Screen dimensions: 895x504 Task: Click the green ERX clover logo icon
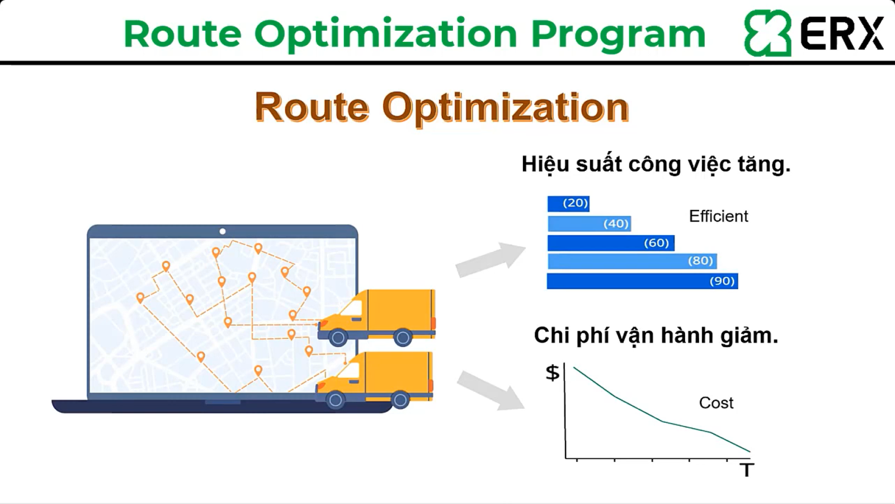(x=767, y=33)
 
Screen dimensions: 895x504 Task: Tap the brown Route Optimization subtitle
(x=442, y=107)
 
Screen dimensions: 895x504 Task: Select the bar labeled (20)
(x=568, y=204)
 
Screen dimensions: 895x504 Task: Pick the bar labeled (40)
(x=589, y=223)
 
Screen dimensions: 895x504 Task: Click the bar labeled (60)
(x=611, y=243)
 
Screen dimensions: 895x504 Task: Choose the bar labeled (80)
(x=632, y=261)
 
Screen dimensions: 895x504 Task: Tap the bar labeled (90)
(x=643, y=281)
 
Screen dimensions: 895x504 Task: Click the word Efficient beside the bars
(x=718, y=216)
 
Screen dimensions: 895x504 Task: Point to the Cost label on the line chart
(x=716, y=403)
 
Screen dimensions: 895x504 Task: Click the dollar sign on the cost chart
(x=553, y=373)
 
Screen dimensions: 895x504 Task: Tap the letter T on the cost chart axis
(x=746, y=470)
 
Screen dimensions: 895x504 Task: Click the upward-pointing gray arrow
(x=491, y=259)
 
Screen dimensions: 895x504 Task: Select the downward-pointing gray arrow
(x=491, y=390)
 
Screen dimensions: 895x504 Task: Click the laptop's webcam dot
(x=223, y=231)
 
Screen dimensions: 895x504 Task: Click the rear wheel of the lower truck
(x=400, y=400)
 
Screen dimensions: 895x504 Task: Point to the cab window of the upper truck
(x=352, y=308)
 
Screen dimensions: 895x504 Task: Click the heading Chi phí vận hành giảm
(x=656, y=336)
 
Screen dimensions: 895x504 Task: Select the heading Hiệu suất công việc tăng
(x=656, y=165)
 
